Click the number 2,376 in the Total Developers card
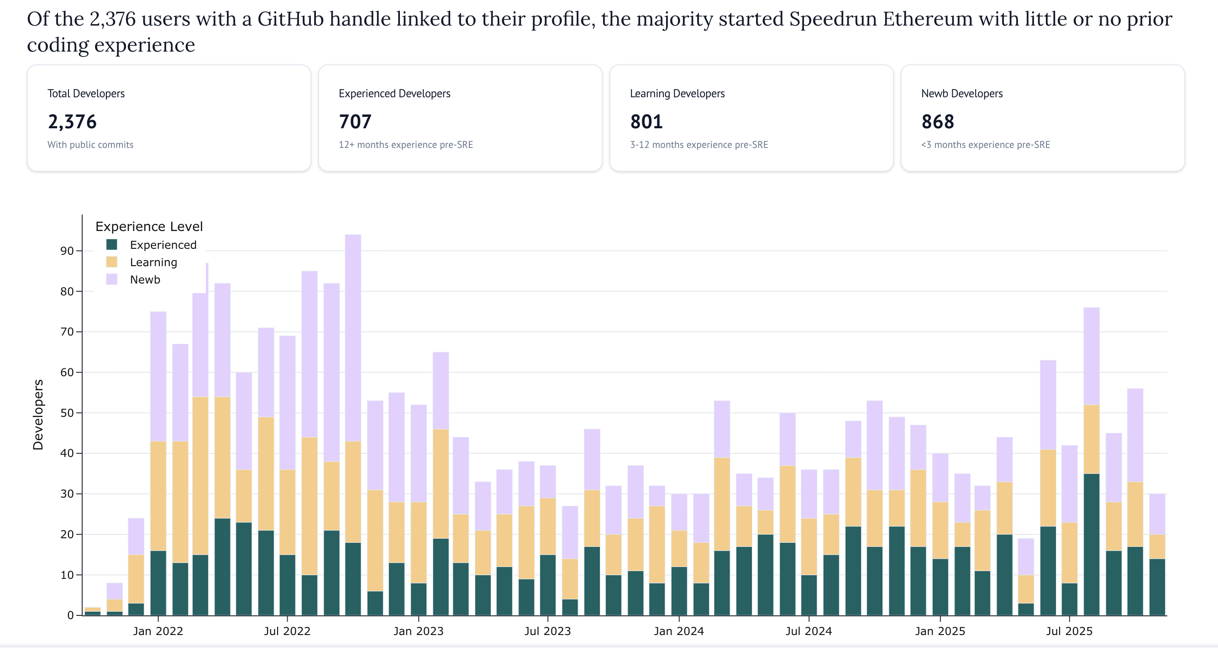[72, 122]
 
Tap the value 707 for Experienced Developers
[355, 122]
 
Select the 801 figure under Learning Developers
[646, 122]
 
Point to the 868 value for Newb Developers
[938, 122]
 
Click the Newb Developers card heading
[962, 94]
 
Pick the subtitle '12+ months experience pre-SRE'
[406, 145]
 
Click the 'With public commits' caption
[90, 145]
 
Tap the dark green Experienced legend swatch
[111, 244]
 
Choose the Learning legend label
[153, 262]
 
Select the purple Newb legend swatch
[111, 279]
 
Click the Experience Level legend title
[149, 226]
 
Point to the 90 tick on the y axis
[67, 251]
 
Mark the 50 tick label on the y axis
[67, 413]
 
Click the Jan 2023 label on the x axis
[419, 631]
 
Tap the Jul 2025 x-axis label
[1069, 631]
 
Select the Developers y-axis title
[38, 415]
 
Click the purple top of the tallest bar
[353, 331]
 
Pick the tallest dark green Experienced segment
[1091, 544]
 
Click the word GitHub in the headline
[290, 19]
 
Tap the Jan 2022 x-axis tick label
[158, 631]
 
